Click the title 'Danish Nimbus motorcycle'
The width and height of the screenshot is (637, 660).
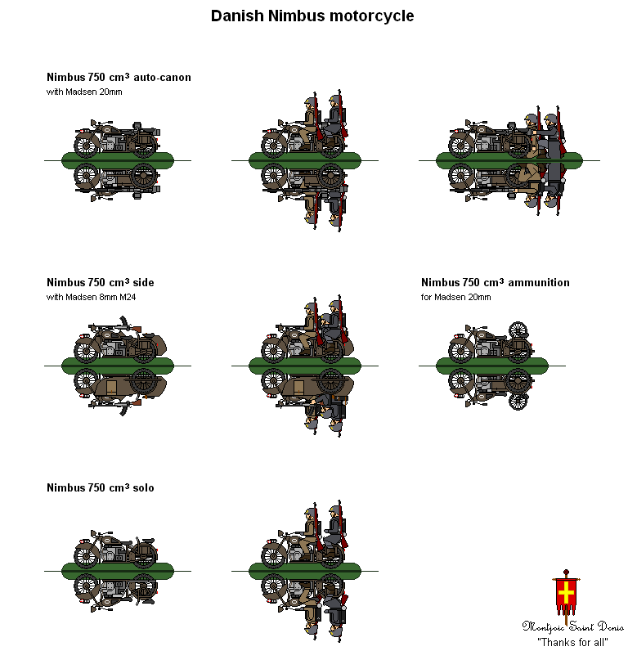click(312, 16)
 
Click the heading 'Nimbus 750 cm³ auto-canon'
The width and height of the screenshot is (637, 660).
click(119, 78)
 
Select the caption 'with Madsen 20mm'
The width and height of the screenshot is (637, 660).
click(84, 92)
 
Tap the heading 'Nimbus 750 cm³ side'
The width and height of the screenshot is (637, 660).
click(100, 283)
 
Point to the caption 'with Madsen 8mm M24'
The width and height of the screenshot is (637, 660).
click(91, 297)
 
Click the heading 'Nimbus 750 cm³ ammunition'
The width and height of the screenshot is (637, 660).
click(495, 283)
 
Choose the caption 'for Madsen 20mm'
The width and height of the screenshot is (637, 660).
click(455, 297)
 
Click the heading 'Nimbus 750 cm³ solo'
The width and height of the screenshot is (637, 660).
click(100, 488)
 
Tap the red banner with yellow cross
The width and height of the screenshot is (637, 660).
click(565, 595)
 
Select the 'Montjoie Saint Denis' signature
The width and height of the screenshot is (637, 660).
click(572, 626)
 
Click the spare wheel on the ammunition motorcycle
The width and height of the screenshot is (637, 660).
click(517, 330)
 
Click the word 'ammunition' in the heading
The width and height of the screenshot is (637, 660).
click(539, 283)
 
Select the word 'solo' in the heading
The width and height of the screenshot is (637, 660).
click(142, 488)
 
